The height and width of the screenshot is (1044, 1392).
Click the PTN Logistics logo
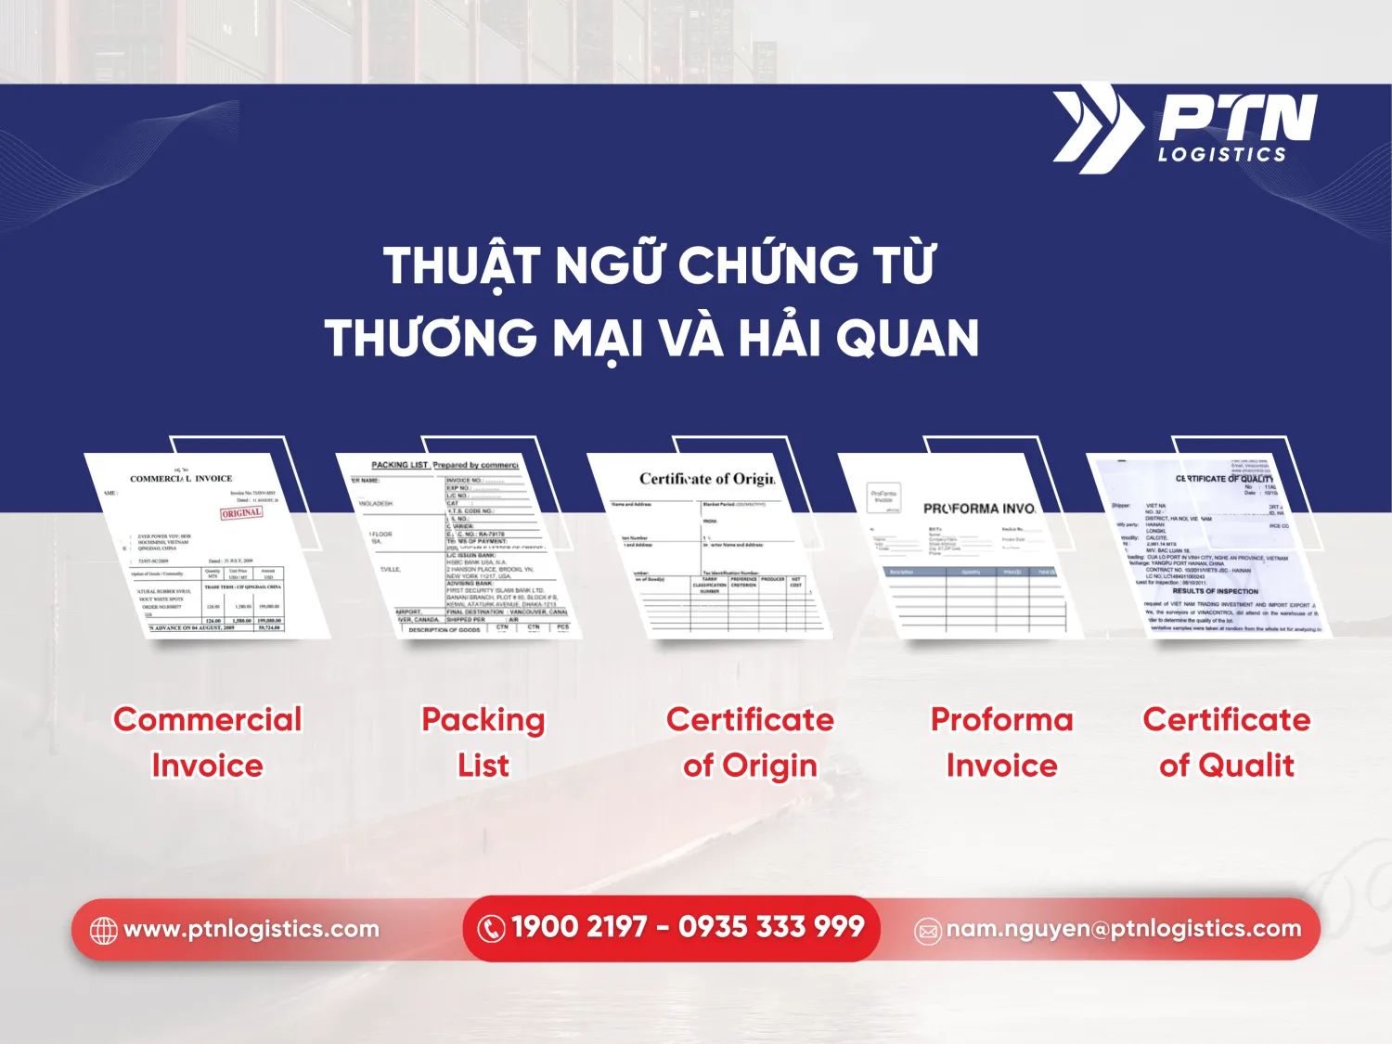(x=1185, y=129)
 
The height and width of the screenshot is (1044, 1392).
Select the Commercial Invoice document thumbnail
(x=206, y=546)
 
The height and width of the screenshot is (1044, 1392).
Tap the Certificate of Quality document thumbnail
(x=1211, y=546)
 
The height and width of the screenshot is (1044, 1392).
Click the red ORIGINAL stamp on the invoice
(x=241, y=512)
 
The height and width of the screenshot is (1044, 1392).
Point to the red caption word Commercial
(x=208, y=719)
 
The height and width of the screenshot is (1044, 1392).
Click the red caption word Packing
(x=483, y=719)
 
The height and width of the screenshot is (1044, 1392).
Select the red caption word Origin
(x=770, y=766)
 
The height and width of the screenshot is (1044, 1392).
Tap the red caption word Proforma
(x=1002, y=719)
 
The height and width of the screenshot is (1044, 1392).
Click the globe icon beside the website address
(x=103, y=930)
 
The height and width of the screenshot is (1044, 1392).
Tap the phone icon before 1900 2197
(x=491, y=928)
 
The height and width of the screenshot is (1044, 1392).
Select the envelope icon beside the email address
(x=928, y=931)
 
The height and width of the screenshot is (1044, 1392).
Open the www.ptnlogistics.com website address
(x=251, y=929)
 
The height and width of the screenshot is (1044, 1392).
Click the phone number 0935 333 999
(x=771, y=927)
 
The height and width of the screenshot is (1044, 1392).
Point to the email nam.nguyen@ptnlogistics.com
(x=1124, y=929)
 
